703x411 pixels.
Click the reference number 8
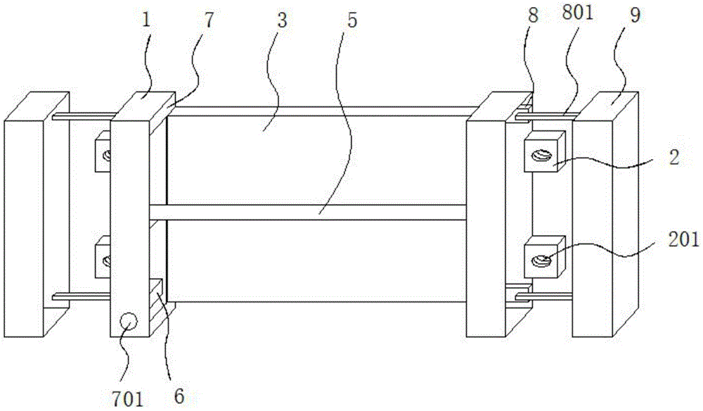tap(533, 16)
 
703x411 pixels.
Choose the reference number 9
tap(635, 16)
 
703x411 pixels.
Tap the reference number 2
tap(673, 157)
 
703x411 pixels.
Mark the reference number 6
tap(179, 396)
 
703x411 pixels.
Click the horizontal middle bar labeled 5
tap(309, 212)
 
